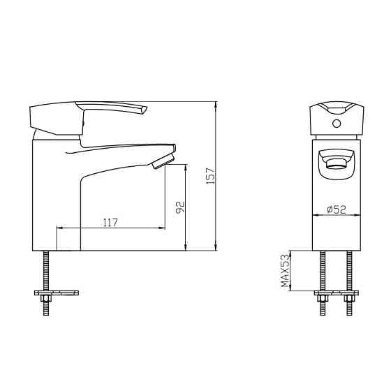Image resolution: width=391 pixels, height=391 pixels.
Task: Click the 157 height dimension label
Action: coord(210,176)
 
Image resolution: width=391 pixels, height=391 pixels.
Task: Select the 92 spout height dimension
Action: coord(180,207)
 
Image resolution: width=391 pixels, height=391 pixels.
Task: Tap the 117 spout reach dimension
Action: coord(110,223)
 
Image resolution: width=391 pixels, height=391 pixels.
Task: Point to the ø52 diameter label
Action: coord(337,209)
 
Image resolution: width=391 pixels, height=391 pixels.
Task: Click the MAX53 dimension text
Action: coord(286,270)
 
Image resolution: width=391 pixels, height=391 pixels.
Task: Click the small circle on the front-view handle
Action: coord(337,124)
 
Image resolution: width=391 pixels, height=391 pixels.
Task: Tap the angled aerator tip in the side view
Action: coord(163,161)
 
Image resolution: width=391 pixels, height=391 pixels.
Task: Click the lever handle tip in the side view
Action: coord(144,110)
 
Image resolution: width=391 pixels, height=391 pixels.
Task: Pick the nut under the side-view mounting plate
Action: coord(46,298)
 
